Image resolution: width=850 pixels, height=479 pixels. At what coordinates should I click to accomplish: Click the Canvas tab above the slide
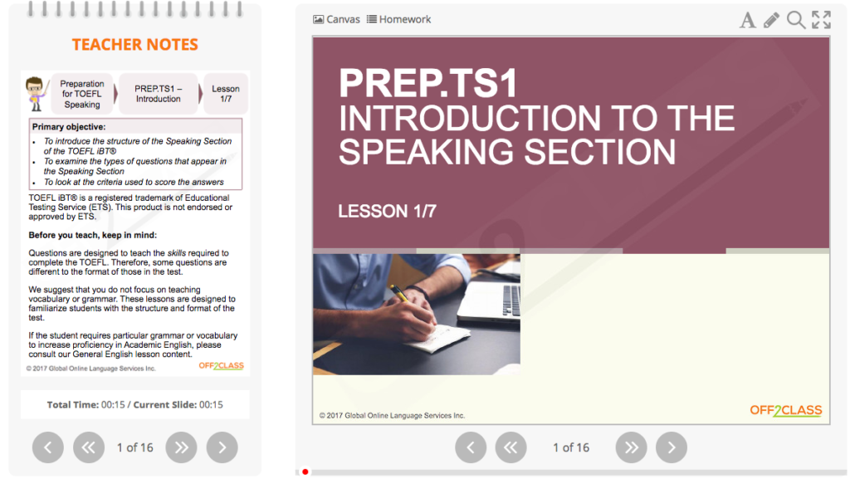[337, 19]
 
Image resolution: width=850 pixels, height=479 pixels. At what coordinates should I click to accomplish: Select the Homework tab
[399, 19]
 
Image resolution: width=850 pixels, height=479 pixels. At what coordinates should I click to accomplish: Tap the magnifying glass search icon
[795, 20]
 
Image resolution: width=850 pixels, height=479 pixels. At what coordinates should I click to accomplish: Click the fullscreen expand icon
[821, 20]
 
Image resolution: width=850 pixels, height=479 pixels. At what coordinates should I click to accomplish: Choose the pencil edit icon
[771, 20]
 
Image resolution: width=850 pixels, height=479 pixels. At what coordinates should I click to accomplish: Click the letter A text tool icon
[747, 20]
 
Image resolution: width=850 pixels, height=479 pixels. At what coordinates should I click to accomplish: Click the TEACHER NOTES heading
[135, 45]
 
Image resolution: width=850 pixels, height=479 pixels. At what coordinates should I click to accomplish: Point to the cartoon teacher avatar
[35, 93]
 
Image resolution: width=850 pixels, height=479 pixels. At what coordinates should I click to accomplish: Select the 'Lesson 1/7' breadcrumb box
[226, 94]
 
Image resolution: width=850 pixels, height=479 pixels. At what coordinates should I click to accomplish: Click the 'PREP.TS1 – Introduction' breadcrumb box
[158, 94]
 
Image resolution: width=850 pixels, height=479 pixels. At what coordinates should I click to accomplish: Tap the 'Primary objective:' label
[69, 127]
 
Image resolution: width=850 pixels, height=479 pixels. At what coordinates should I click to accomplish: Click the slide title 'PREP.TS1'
[428, 84]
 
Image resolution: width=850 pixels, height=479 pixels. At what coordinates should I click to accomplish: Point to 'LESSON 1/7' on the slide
[387, 212]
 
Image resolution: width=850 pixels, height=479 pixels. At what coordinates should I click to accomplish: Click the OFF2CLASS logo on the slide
[785, 410]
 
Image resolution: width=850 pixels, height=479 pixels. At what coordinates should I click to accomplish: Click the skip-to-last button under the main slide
[632, 447]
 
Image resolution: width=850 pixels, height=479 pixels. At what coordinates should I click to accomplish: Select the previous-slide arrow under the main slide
[471, 447]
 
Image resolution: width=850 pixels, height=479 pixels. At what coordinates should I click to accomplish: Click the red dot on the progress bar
[305, 472]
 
